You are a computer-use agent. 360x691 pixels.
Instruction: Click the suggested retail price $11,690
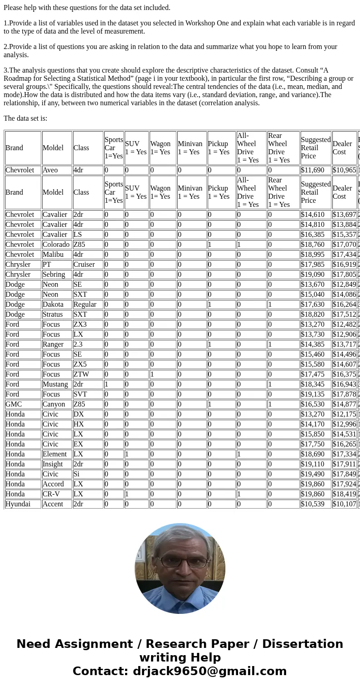316,170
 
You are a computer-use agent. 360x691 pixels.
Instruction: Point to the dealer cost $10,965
344,170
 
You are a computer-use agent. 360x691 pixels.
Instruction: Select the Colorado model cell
57,245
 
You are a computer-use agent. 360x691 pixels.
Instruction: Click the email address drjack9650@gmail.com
209,671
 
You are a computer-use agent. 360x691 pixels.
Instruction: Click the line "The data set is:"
25,118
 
